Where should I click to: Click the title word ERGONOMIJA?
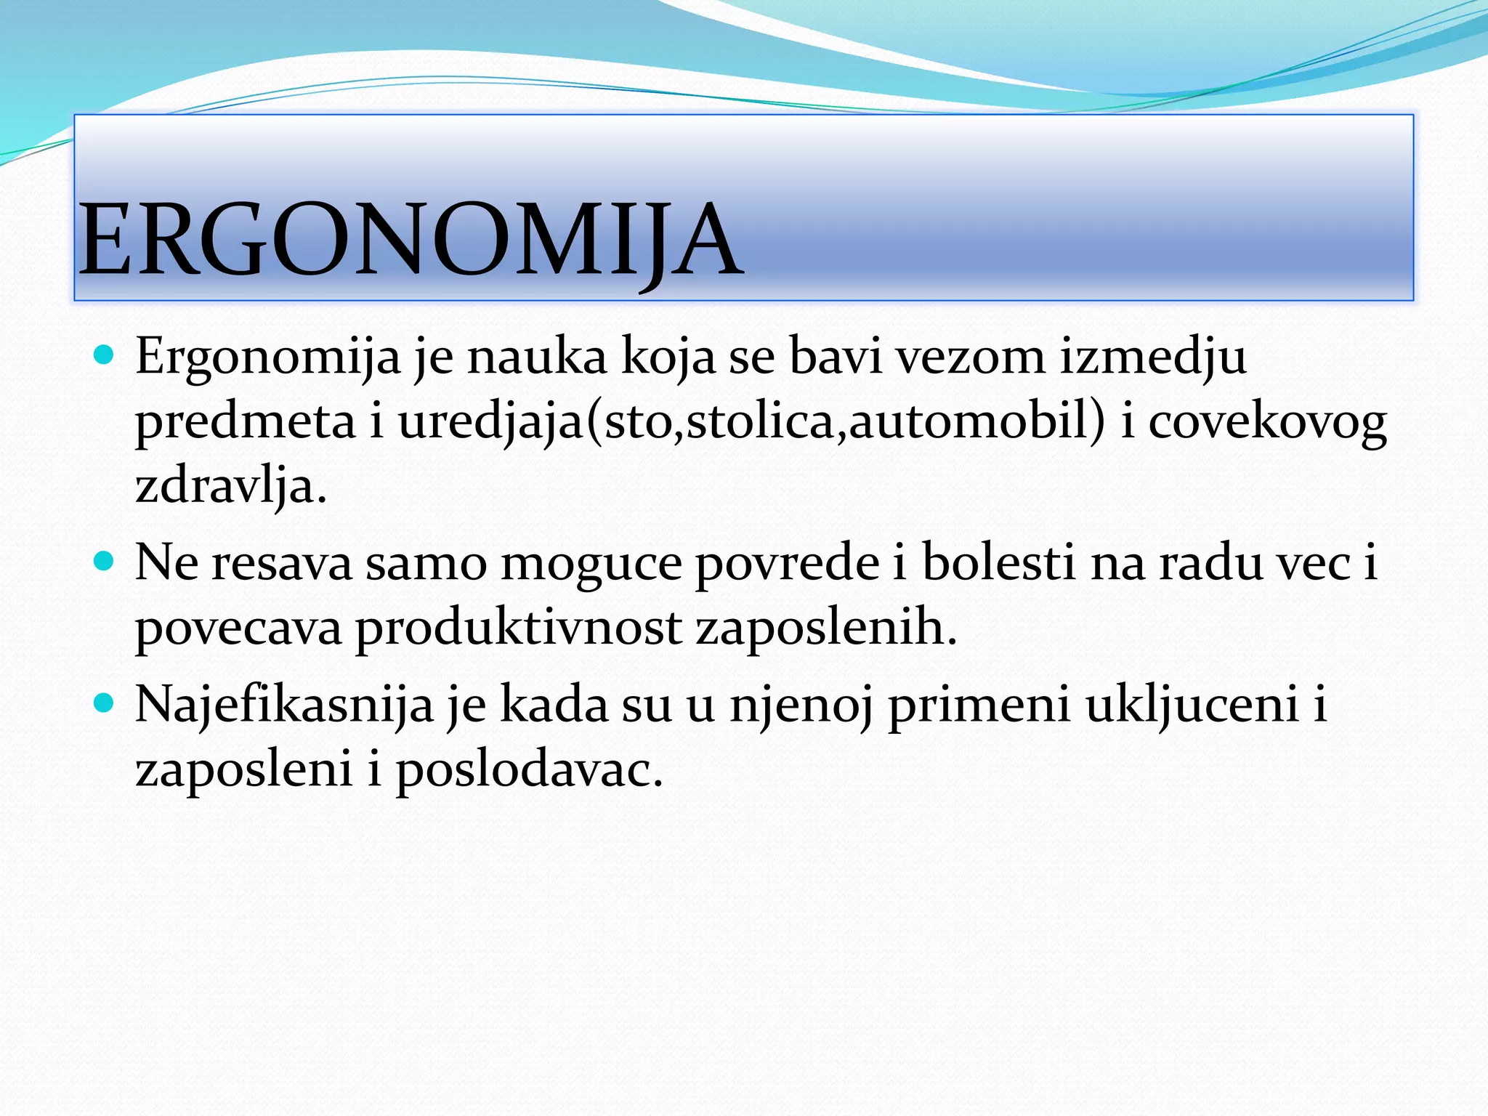click(411, 240)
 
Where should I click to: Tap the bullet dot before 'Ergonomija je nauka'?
click(105, 355)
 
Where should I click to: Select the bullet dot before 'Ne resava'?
click(105, 562)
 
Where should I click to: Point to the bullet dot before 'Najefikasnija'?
click(105, 703)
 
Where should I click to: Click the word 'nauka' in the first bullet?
click(536, 357)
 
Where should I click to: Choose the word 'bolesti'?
click(998, 562)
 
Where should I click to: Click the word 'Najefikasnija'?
click(284, 705)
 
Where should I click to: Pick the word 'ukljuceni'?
click(1192, 705)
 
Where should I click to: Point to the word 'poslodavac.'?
click(530, 769)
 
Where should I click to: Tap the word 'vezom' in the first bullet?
click(969, 357)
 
